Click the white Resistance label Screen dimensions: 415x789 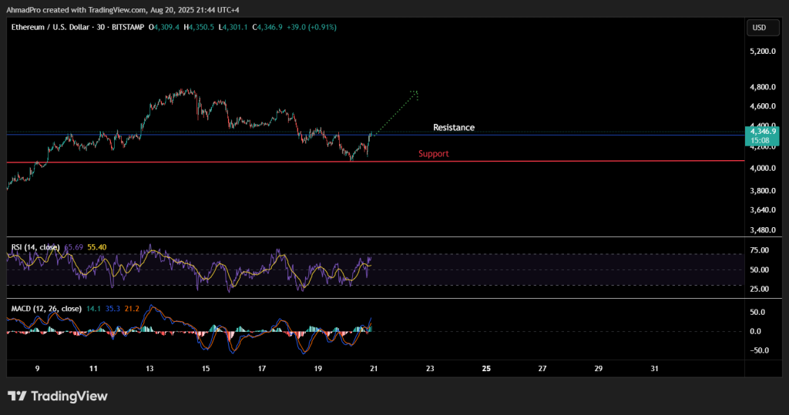point(453,128)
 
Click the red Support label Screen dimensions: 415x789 point(433,154)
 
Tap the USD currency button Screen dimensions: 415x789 point(759,28)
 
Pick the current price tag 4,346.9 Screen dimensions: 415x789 point(763,132)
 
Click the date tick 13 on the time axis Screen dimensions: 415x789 point(149,369)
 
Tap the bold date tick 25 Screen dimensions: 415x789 point(486,369)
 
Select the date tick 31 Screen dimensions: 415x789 point(654,369)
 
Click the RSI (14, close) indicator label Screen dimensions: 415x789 point(35,247)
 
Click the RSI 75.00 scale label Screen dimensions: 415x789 point(759,250)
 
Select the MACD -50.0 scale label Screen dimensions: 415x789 point(759,350)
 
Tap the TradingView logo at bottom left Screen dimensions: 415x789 point(58,396)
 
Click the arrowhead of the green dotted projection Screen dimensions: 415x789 point(416,94)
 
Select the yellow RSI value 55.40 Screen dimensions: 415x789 point(97,247)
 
